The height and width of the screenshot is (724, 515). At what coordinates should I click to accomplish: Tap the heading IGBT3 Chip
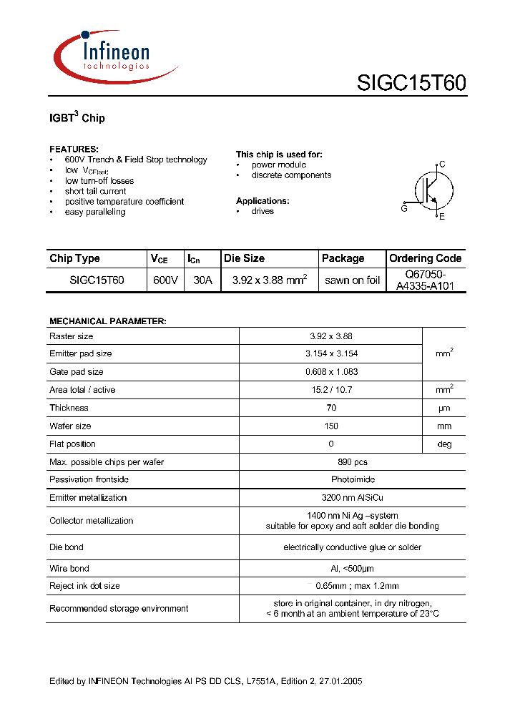click(x=77, y=117)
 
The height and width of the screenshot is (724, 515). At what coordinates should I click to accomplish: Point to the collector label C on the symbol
click(x=442, y=165)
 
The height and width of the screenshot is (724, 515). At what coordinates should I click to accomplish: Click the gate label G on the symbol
click(x=404, y=208)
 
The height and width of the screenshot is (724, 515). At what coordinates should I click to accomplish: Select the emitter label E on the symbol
click(x=442, y=217)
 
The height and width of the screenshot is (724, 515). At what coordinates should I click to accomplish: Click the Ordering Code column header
click(x=425, y=258)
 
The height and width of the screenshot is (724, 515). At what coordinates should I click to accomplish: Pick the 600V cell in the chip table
click(x=165, y=280)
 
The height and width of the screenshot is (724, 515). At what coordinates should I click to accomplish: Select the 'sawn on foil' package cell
click(x=352, y=280)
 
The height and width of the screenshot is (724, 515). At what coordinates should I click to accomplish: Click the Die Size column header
click(x=244, y=258)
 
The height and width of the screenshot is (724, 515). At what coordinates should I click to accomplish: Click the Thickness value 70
click(x=330, y=408)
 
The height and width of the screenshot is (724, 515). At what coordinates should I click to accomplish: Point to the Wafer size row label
click(x=70, y=426)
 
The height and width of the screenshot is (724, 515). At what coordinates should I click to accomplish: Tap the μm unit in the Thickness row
click(x=444, y=409)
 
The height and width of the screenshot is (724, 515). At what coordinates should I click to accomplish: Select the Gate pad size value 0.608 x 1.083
click(x=330, y=372)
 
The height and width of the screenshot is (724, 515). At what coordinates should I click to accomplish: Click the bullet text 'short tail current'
click(x=95, y=191)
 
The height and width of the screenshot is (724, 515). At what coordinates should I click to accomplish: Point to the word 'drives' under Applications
click(x=263, y=211)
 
